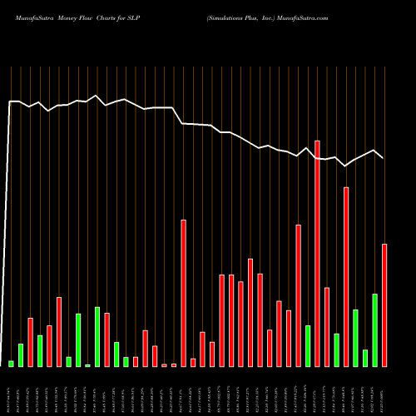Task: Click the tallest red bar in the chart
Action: [317, 254]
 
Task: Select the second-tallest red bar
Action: [346, 277]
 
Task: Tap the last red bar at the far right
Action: [384, 305]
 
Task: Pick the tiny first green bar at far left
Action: [11, 364]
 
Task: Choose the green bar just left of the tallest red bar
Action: [308, 346]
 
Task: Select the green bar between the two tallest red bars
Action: [336, 350]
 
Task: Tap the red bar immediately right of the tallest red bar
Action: [327, 327]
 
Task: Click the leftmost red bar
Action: [30, 342]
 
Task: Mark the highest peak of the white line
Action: [97, 96]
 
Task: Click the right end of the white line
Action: [384, 157]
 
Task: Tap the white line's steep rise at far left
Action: [8, 233]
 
